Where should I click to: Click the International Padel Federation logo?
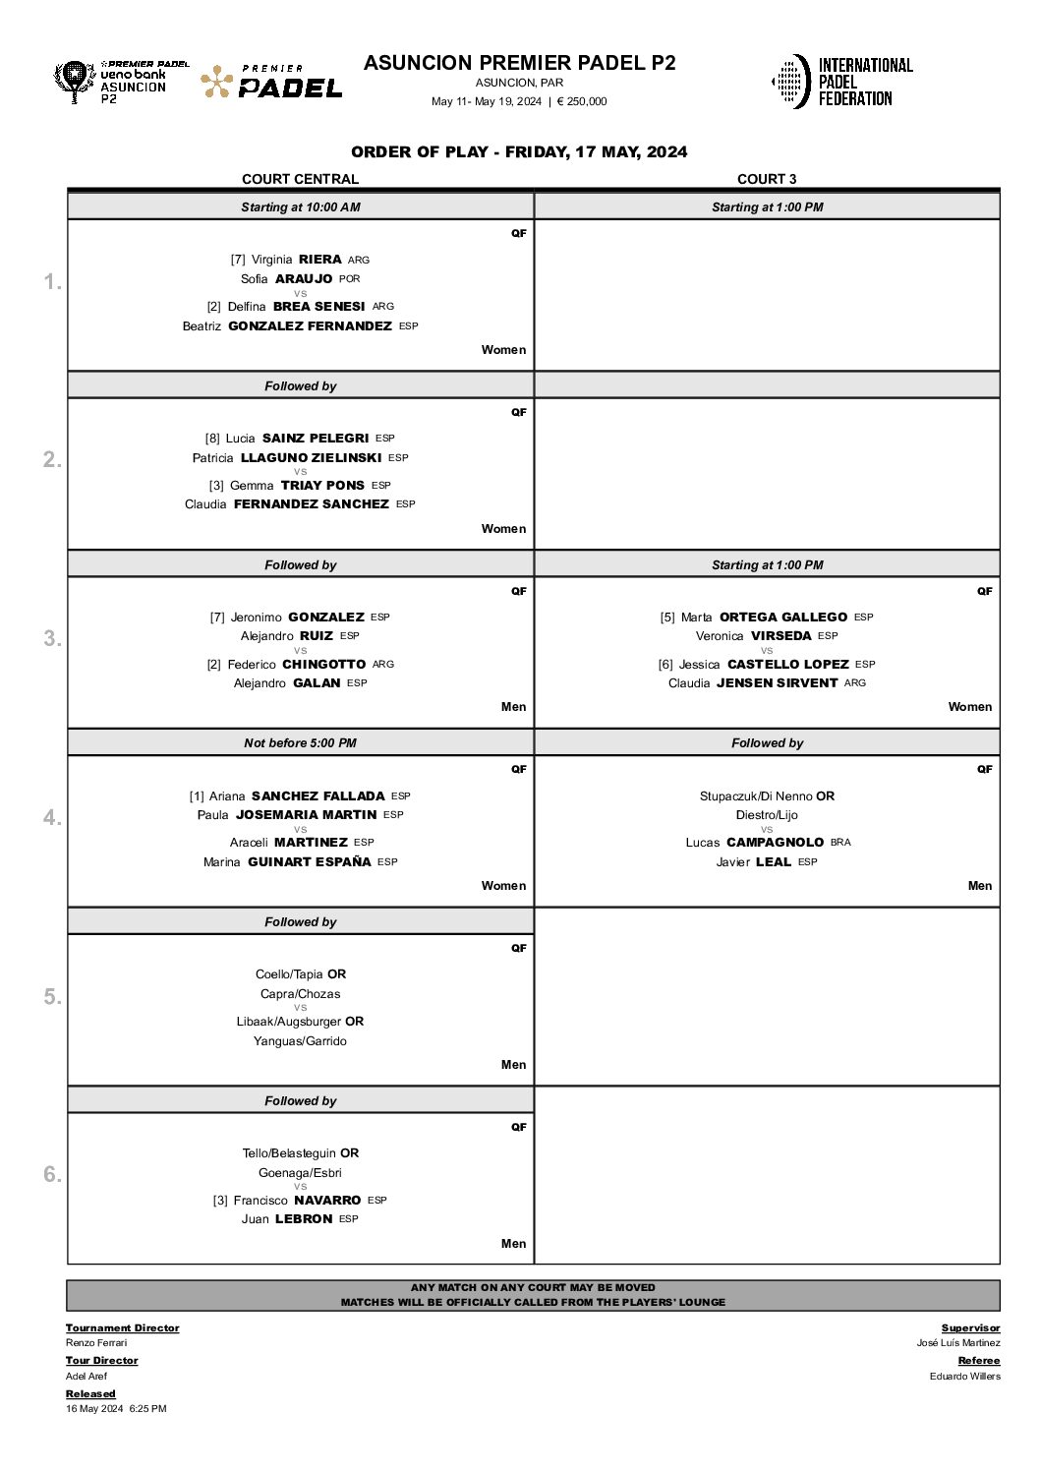point(841,82)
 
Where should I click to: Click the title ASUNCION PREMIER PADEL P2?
point(519,63)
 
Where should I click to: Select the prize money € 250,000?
point(582,101)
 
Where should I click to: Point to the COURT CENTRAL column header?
point(300,179)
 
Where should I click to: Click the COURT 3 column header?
point(767,179)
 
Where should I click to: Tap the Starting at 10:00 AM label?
point(300,207)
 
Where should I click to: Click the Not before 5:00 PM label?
point(300,743)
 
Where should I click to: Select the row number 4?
point(52,818)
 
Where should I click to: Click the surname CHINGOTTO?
point(323,665)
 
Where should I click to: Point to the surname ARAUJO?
point(304,279)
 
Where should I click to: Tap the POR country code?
point(349,279)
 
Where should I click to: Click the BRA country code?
point(840,843)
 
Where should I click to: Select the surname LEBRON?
point(304,1219)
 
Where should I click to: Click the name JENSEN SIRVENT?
point(778,683)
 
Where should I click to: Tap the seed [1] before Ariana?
point(197,796)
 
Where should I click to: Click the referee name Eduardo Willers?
point(964,1377)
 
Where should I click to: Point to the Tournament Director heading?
point(123,1328)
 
